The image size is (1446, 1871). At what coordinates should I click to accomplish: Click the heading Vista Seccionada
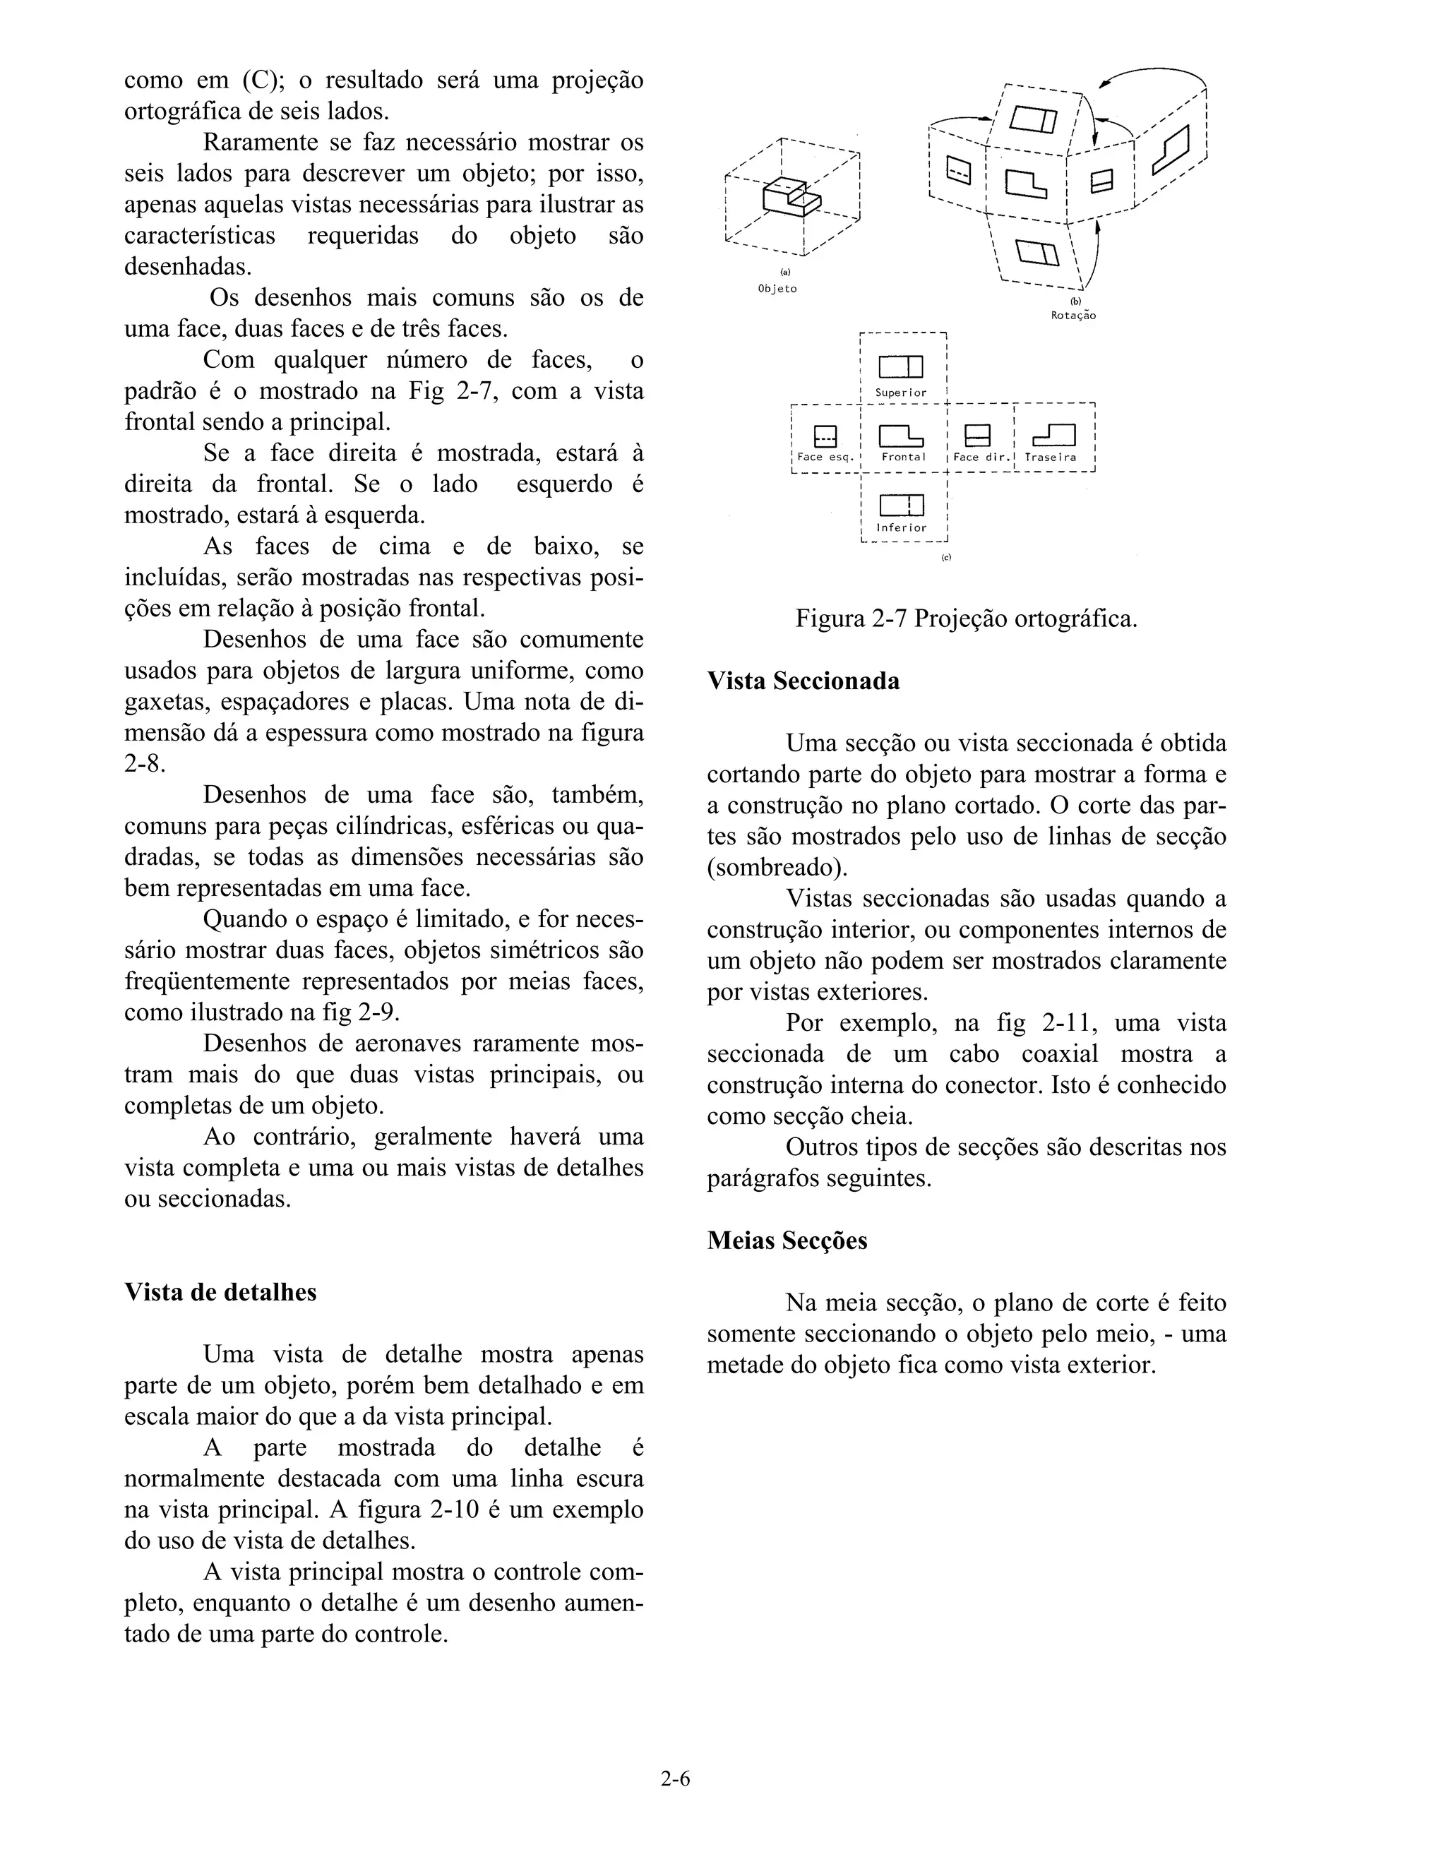pos(803,681)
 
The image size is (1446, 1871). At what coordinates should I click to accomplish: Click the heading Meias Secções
pos(787,1241)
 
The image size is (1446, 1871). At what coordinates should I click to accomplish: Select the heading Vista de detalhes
pos(220,1292)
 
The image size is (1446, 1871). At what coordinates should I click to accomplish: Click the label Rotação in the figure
pos(1073,316)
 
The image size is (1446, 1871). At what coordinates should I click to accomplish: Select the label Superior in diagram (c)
pos(900,393)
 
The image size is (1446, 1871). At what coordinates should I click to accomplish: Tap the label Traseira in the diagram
pos(1050,458)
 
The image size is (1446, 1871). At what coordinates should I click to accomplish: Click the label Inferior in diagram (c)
pos(900,527)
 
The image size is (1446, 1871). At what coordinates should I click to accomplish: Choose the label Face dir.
pos(977,458)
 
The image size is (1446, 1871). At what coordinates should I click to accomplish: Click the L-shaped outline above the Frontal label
pos(900,436)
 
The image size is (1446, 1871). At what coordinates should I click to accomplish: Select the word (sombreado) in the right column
pos(777,868)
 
